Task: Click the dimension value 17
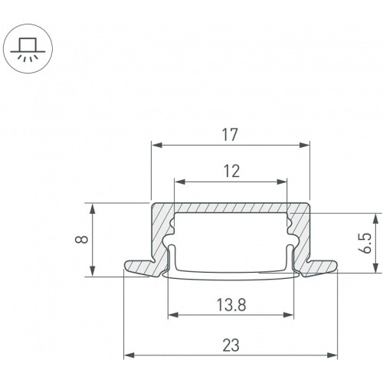tap(230, 135)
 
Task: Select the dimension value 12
tap(231, 172)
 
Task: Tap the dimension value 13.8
tap(231, 305)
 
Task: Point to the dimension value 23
tap(231, 345)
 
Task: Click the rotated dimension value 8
tap(83, 239)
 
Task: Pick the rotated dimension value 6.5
tap(366, 244)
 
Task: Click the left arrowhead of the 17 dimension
tap(156, 145)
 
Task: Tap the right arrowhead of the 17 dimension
tap(304, 145)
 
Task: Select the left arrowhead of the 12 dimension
tap(179, 182)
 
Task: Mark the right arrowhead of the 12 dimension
tap(282, 182)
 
